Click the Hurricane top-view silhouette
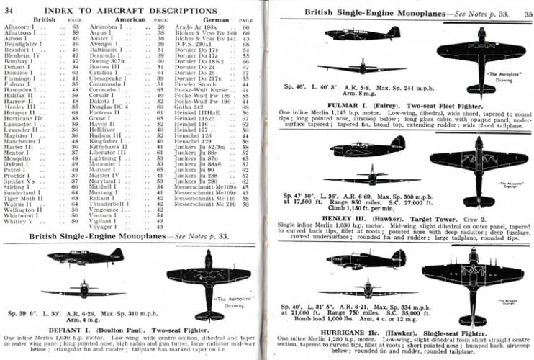pyautogui.click(x=472, y=278)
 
